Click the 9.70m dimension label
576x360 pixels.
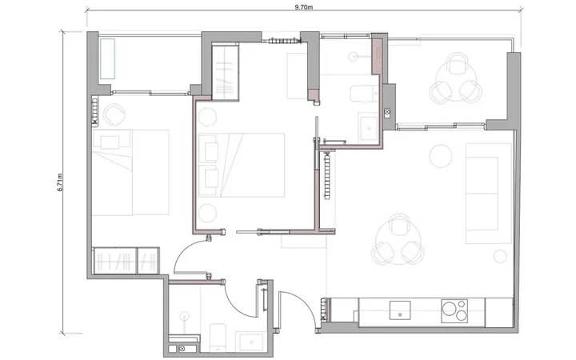tap(304, 7)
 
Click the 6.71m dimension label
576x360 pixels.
tap(61, 182)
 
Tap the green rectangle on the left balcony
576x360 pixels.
tap(108, 58)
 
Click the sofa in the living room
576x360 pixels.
tap(489, 194)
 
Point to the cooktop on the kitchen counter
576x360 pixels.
tap(454, 311)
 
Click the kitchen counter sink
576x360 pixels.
tap(400, 310)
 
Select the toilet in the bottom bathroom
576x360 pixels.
tap(218, 337)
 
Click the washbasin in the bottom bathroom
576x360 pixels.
tap(251, 342)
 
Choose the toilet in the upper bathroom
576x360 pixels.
tap(364, 94)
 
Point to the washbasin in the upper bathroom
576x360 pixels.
tap(369, 128)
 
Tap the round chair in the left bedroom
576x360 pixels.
tap(114, 114)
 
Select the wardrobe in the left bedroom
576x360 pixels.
tap(126, 261)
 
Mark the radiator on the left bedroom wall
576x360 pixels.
tap(94, 110)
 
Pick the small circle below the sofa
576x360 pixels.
tap(500, 256)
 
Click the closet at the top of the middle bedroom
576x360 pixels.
tap(226, 72)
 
